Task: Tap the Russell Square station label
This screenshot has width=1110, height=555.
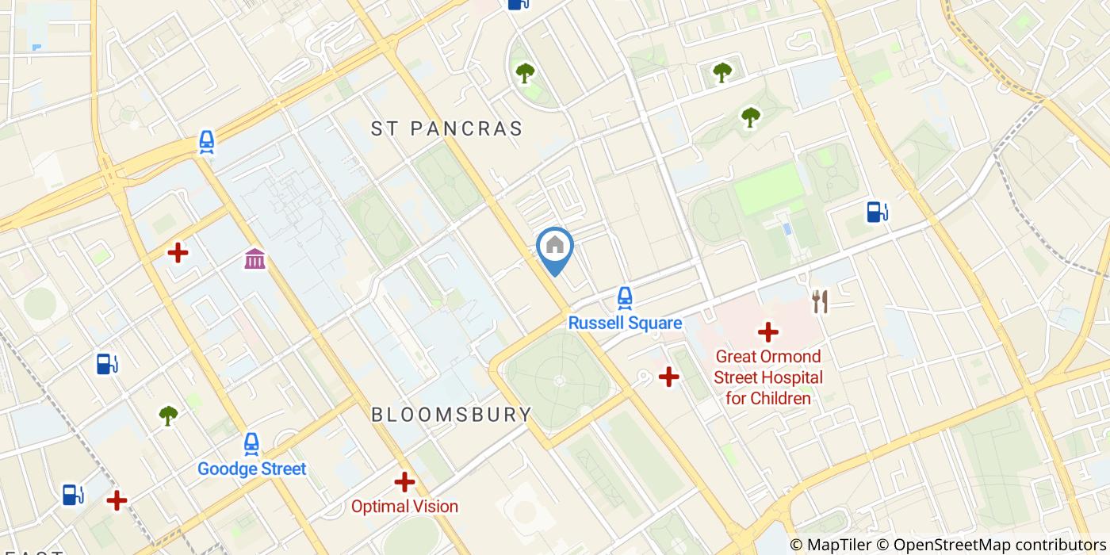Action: (x=625, y=323)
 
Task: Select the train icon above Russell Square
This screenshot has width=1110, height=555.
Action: (x=625, y=298)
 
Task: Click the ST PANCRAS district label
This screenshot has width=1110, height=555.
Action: (x=447, y=128)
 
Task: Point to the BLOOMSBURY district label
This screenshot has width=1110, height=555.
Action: (x=452, y=415)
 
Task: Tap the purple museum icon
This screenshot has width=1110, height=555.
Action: (x=255, y=258)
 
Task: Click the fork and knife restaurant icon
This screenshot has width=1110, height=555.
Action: (x=820, y=301)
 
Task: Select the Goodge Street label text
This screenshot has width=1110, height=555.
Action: (x=251, y=469)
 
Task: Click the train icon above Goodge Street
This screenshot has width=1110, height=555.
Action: (x=251, y=444)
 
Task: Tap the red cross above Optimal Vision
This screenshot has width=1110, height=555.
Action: (x=404, y=481)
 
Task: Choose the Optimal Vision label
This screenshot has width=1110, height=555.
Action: (x=404, y=506)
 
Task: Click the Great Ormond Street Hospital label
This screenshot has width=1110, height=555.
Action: (x=767, y=377)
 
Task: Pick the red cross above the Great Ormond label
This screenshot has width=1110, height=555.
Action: (x=767, y=332)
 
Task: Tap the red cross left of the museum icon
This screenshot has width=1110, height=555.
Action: (x=178, y=253)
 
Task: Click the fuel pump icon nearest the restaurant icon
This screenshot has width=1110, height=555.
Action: (x=876, y=212)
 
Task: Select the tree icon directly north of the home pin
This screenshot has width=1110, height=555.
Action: (x=525, y=74)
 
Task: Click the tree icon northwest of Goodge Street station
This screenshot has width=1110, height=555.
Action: (x=168, y=415)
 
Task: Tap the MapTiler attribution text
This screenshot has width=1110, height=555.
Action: (x=830, y=545)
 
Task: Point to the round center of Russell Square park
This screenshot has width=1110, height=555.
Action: (x=559, y=381)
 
